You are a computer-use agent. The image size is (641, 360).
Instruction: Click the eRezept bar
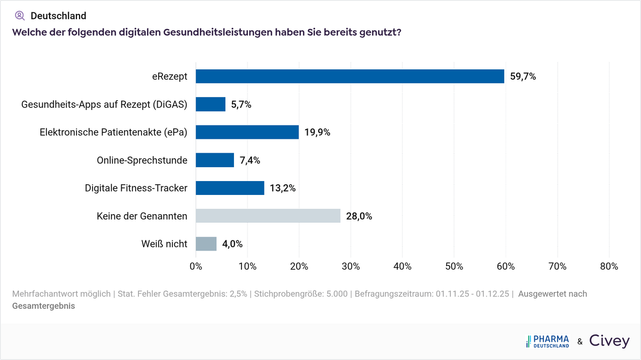(350, 76)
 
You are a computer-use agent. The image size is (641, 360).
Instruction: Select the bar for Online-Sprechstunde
(215, 160)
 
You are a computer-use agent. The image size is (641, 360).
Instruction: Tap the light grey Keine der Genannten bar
(268, 216)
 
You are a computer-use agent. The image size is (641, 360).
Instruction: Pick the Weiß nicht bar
(206, 244)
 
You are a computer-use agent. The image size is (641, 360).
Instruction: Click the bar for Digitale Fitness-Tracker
(230, 188)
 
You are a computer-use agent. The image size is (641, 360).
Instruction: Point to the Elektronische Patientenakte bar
(247, 132)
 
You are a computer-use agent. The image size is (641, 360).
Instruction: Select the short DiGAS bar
(210, 104)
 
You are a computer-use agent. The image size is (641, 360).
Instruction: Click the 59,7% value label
(523, 76)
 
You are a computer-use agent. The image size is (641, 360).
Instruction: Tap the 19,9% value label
(317, 132)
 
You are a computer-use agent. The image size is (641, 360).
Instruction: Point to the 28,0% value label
(359, 216)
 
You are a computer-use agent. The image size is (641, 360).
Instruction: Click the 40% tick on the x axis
(402, 266)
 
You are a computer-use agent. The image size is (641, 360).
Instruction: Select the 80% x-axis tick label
(609, 266)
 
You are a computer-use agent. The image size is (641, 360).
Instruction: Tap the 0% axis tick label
(196, 266)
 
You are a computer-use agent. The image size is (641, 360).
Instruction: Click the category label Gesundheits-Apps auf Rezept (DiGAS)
(104, 105)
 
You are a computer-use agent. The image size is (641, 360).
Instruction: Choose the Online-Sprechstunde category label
(142, 160)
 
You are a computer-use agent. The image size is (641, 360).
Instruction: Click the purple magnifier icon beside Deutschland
(20, 15)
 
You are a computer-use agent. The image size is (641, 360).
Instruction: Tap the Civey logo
(609, 341)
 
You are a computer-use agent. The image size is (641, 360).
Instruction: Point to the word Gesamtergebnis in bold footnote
(43, 306)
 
